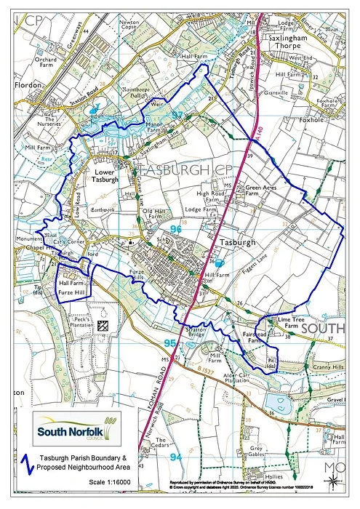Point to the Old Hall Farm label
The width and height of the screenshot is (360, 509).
[x=156, y=215]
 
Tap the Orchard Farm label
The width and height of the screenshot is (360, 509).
[x=44, y=64]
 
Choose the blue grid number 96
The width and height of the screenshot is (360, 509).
[x=175, y=229]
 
